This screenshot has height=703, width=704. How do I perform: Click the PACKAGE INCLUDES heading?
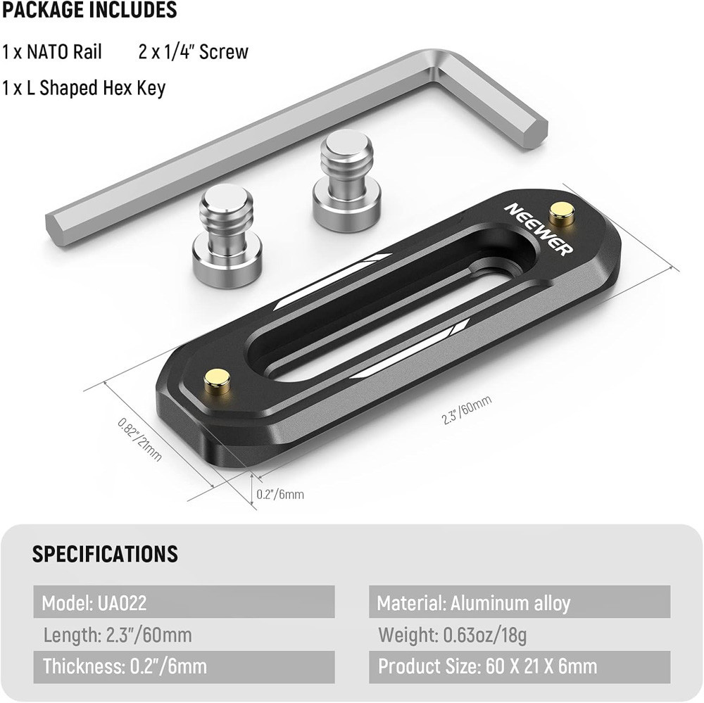89,11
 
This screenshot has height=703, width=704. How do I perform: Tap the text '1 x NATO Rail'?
52,52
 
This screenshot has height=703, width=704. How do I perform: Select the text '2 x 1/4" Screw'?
193,52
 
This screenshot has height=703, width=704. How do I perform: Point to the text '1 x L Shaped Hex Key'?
84,88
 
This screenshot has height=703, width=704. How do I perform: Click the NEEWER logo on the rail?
539,229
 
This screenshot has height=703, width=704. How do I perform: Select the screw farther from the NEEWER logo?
227,236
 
